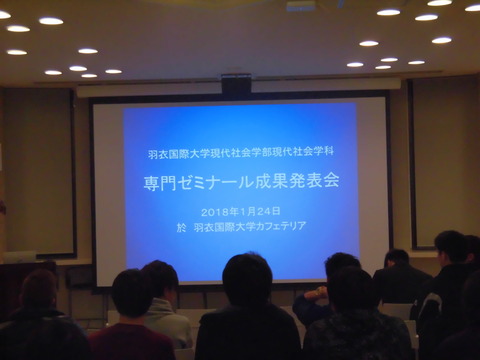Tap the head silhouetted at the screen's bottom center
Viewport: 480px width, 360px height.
click(246, 279)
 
